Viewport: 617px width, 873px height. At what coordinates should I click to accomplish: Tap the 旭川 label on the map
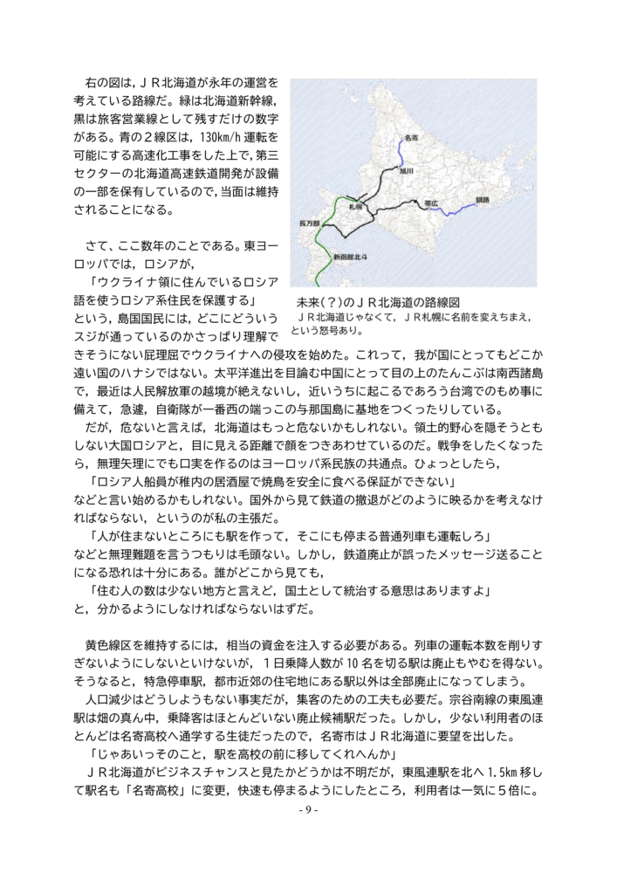[407, 171]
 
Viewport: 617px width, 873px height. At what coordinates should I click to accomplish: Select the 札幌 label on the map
[355, 207]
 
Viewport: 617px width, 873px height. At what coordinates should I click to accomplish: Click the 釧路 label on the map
[483, 200]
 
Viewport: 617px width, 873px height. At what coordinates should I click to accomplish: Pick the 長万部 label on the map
[310, 223]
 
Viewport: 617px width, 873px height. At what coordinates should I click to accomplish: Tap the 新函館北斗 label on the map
[350, 258]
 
